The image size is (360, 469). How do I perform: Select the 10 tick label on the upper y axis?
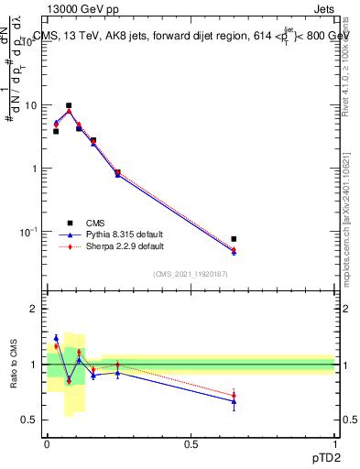click(30, 105)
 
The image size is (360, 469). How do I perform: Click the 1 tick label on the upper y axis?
click(34, 169)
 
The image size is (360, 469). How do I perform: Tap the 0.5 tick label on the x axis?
click(191, 442)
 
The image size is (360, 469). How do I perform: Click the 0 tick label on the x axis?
click(47, 442)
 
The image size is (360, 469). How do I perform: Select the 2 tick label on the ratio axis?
click(34, 310)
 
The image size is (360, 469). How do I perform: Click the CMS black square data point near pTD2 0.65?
click(234, 239)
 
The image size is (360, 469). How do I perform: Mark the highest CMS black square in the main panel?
click(69, 105)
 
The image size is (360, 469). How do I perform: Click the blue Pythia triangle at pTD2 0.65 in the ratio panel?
click(234, 401)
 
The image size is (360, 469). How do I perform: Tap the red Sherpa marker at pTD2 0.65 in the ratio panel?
click(234, 395)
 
